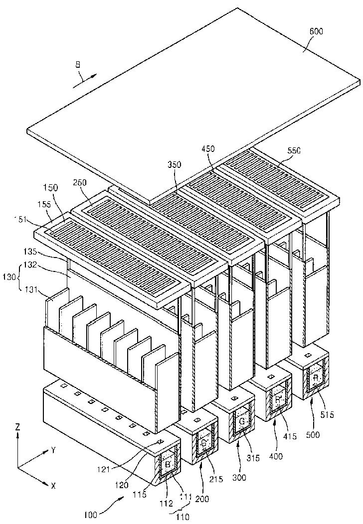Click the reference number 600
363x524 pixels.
[x=316, y=31]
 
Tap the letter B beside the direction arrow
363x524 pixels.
[x=78, y=64]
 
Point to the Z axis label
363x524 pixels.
[x=18, y=427]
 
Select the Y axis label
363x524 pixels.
[x=53, y=450]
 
